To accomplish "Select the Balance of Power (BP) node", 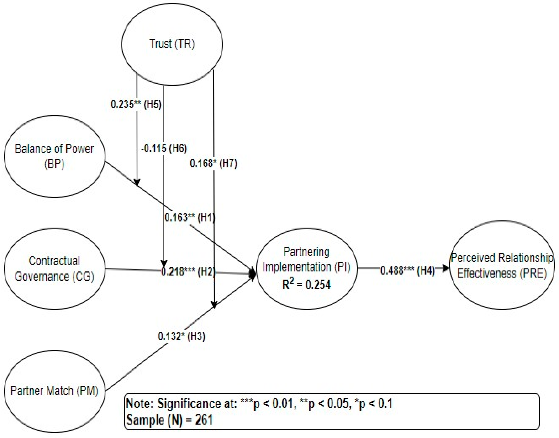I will [54, 156].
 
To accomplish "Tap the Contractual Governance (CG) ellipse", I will [54, 269].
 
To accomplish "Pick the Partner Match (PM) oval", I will [54, 391].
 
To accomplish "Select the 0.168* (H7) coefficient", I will [213, 163].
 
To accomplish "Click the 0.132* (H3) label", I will [182, 336].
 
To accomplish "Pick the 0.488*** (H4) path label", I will [408, 271].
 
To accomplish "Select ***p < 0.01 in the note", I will [267, 404].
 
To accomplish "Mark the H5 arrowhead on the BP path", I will [137, 182].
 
